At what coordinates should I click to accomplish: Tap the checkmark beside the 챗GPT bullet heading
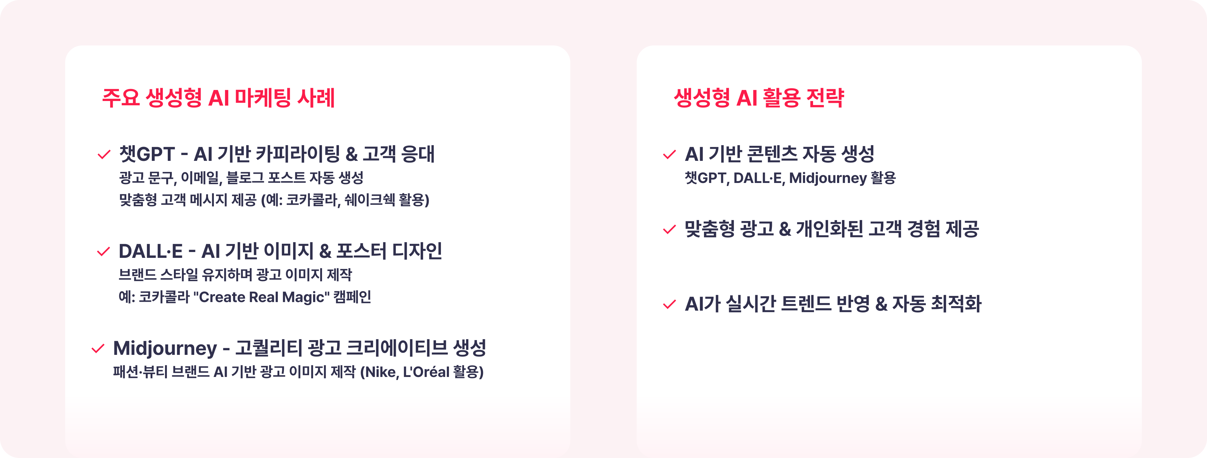104,154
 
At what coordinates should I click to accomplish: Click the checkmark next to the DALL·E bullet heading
104,252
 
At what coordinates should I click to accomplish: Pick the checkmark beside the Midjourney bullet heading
98,349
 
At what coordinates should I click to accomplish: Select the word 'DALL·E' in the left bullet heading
150,251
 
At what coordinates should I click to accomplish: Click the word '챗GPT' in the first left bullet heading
147,153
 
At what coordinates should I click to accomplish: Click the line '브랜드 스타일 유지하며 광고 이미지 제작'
235,274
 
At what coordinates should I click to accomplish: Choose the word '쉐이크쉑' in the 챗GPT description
370,200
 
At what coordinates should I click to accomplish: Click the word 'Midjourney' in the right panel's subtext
828,178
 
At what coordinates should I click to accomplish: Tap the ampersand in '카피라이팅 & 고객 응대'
352,154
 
